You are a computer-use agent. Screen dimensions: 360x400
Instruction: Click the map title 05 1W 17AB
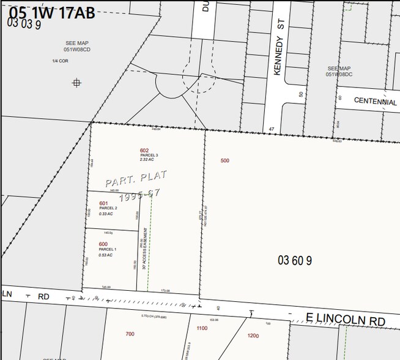53,12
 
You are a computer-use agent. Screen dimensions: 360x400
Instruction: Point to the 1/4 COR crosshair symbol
76,82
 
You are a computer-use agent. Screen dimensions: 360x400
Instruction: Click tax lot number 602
144,151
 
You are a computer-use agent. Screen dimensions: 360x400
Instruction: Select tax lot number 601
103,203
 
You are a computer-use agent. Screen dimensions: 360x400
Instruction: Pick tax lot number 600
103,244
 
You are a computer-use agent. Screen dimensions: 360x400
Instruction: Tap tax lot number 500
225,160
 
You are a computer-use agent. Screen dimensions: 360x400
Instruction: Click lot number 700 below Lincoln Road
130,334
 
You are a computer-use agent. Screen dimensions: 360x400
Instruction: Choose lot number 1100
202,328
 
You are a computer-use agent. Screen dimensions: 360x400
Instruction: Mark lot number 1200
253,336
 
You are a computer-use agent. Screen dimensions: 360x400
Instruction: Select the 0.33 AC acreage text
106,214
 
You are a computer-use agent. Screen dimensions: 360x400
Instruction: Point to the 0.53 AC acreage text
106,255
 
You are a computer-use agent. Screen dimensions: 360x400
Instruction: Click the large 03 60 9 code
295,260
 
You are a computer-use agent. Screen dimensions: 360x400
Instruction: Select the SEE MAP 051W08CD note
78,47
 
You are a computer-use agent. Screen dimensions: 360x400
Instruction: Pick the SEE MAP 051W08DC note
339,71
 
